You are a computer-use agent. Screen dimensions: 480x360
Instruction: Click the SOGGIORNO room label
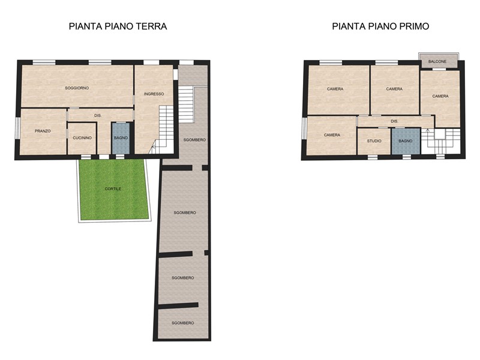[x=77, y=88]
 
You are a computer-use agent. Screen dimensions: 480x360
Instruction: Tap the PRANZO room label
[x=43, y=131]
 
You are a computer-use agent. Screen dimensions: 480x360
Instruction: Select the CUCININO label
[x=82, y=138]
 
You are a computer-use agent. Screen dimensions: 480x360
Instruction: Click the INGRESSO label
[x=154, y=94]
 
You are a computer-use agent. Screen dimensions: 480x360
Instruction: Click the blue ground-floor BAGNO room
[x=121, y=139]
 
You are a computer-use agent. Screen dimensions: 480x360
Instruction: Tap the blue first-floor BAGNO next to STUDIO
[x=406, y=141]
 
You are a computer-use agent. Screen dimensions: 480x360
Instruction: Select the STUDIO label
[x=374, y=141]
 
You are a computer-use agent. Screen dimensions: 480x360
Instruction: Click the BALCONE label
[x=437, y=62]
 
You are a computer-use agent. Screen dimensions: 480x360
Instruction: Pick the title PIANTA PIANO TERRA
[x=118, y=26]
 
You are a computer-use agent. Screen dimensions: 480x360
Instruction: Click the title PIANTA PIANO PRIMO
[x=380, y=26]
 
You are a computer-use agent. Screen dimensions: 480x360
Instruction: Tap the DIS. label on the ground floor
[x=98, y=116]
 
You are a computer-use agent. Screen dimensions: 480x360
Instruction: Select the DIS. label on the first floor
[x=395, y=122]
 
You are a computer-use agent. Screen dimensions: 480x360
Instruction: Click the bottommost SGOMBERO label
[x=183, y=323]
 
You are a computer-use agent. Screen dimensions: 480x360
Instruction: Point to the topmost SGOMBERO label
[x=194, y=140]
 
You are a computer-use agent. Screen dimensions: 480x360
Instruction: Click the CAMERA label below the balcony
[x=440, y=96]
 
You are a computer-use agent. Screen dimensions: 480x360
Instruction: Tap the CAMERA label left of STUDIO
[x=332, y=135]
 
